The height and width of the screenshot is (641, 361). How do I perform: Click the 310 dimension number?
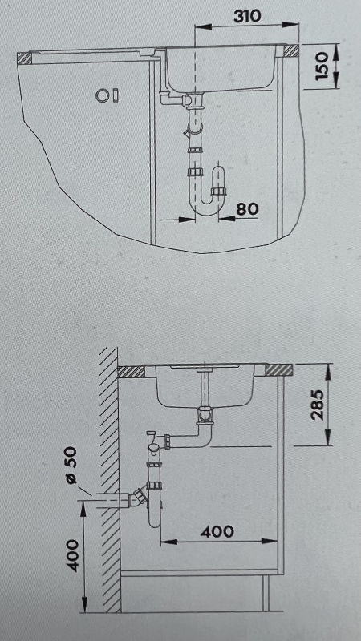[248, 16]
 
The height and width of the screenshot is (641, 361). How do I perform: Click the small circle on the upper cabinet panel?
[101, 95]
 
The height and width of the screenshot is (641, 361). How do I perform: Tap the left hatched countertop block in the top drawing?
[24, 58]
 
